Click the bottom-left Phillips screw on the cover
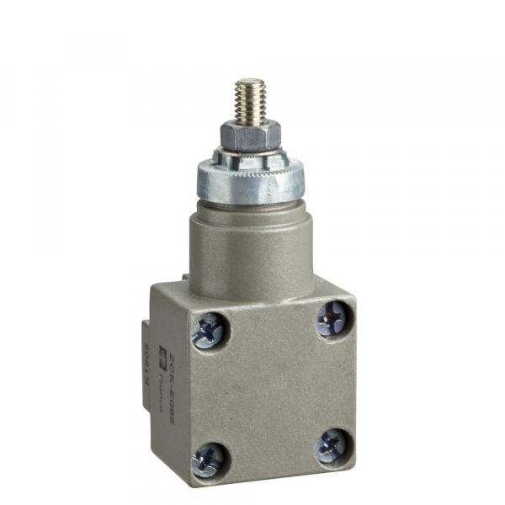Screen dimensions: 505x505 (x=207, y=459)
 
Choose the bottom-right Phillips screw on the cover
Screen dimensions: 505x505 (x=332, y=444)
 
